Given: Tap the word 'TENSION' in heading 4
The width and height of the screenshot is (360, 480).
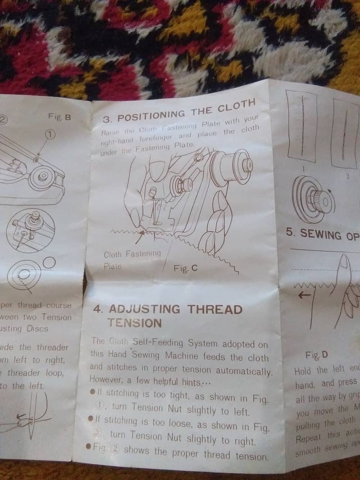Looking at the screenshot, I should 134,323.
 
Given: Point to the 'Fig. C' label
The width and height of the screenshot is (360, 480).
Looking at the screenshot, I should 185,268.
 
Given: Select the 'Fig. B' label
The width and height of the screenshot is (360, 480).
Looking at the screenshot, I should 59,117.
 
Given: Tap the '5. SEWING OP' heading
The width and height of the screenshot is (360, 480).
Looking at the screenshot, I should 323,234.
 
